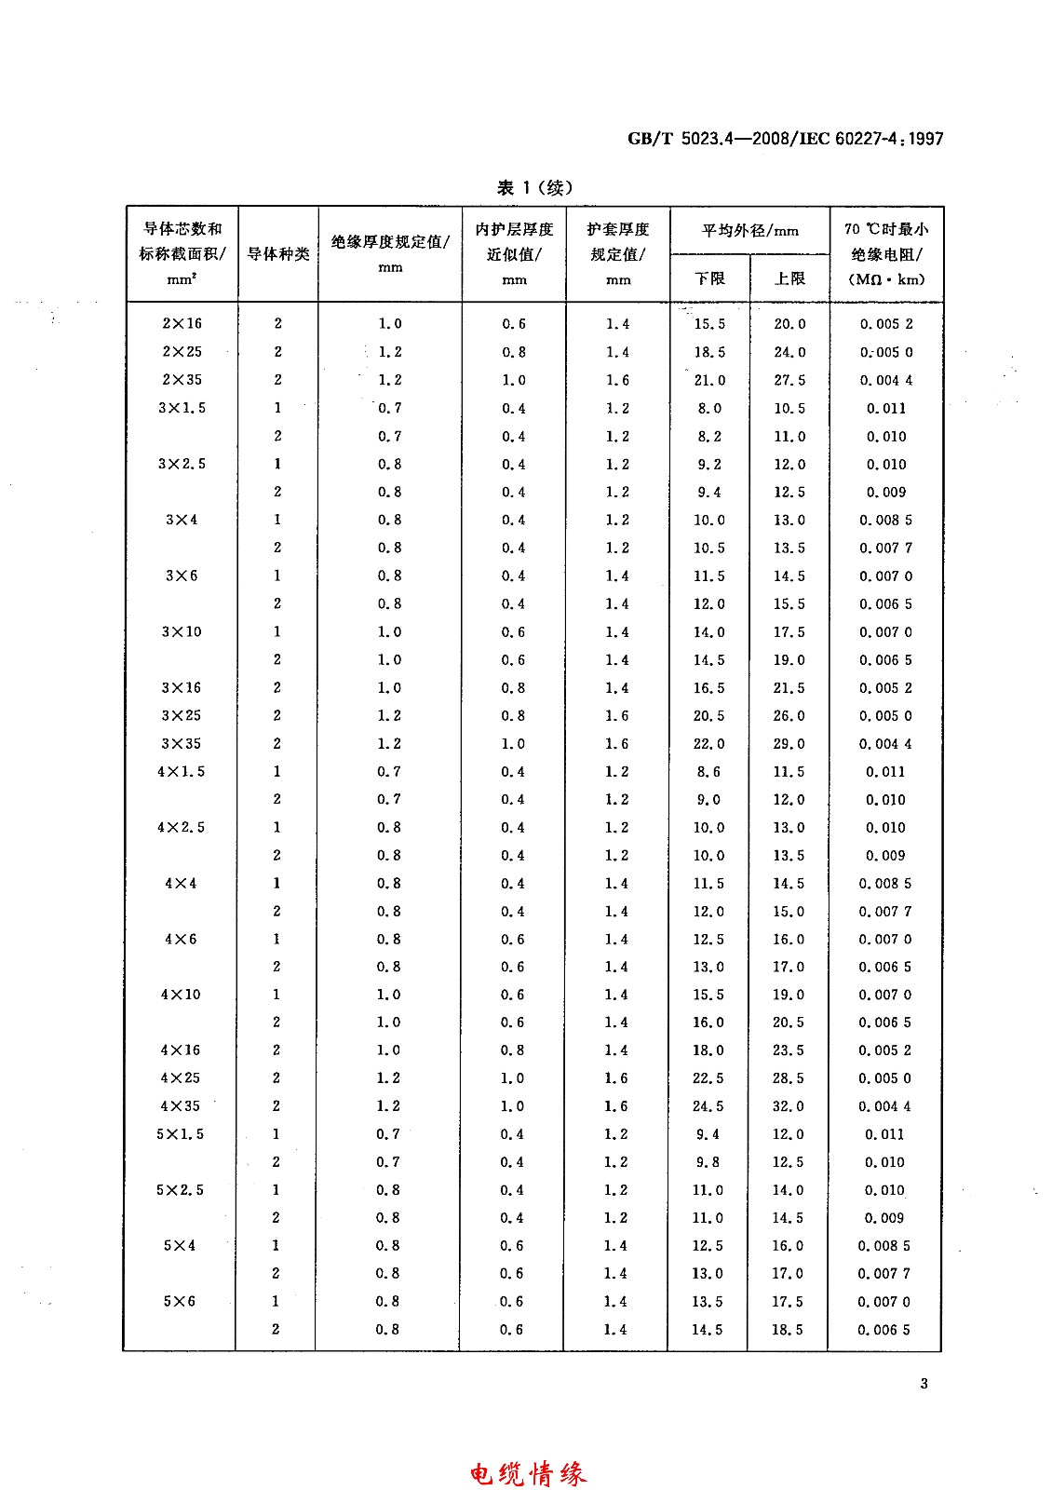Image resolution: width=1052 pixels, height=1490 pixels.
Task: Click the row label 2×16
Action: pos(182,323)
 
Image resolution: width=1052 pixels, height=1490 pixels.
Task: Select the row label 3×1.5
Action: pos(182,408)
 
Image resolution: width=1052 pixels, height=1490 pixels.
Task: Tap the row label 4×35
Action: pos(181,1106)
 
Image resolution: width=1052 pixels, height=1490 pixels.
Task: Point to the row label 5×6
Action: pos(181,1301)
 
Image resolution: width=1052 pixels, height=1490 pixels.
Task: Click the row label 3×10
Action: pos(182,631)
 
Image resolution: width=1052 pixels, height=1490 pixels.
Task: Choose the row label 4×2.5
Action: pos(181,827)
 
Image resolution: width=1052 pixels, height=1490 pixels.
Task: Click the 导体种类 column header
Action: pos(277,253)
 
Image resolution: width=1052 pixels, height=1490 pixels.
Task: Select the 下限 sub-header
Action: pos(709,278)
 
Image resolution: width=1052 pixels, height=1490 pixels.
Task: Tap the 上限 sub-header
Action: pos(789,278)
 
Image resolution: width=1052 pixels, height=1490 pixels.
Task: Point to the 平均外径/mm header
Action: pos(749,230)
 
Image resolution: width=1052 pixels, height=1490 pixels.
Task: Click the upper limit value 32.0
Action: pos(789,1106)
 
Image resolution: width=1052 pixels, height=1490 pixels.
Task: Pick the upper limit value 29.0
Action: pos(789,743)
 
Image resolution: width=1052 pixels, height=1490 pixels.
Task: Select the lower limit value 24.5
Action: pos(708,1106)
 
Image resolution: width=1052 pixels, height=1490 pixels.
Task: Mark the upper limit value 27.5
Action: pos(789,380)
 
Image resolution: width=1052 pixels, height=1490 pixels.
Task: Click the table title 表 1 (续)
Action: pos(534,187)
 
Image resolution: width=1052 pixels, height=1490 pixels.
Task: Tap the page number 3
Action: pos(924,1383)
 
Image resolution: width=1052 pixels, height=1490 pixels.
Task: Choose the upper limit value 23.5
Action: pos(789,1050)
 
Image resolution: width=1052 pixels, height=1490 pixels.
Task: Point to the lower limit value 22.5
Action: pos(708,1078)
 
